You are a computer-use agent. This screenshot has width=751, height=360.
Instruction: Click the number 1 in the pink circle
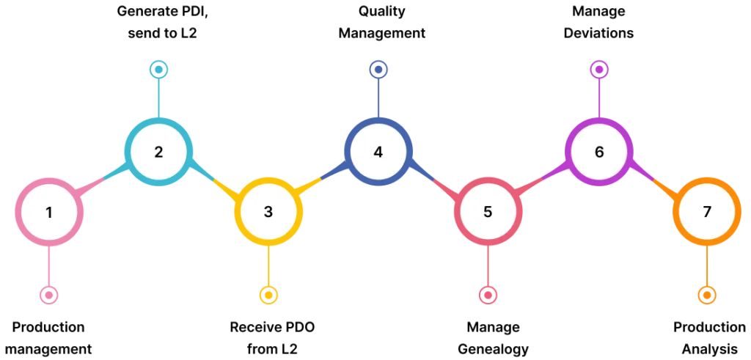point(49,213)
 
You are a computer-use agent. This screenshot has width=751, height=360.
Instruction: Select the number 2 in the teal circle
point(158,153)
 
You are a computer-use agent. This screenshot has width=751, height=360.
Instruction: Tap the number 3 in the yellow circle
point(268,212)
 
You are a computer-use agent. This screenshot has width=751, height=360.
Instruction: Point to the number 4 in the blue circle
point(378,153)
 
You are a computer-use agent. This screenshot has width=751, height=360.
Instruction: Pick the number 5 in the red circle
point(488,212)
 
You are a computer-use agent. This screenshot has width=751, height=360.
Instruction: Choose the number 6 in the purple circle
point(599,153)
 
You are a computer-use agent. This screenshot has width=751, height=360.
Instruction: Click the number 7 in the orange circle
point(707,212)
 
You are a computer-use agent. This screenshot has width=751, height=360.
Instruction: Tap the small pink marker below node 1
point(48,295)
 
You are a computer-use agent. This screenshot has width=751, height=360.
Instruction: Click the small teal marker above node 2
point(158,70)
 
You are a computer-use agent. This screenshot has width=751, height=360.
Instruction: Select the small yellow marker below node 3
point(268,295)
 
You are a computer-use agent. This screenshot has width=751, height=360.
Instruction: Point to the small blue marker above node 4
point(378,70)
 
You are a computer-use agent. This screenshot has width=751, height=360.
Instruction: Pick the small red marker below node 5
point(488,295)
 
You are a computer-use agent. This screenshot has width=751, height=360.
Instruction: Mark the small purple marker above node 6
point(599,70)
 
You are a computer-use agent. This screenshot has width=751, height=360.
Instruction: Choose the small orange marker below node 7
point(707,295)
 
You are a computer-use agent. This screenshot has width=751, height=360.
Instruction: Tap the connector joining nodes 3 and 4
point(323,179)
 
